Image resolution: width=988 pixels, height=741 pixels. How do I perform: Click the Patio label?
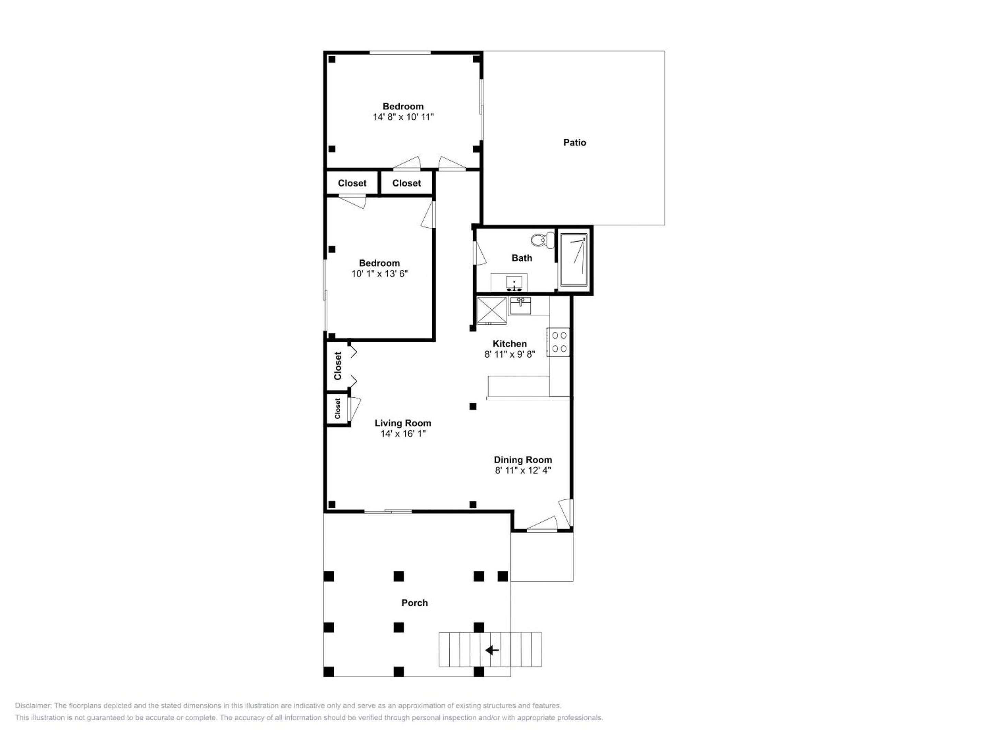[x=574, y=142]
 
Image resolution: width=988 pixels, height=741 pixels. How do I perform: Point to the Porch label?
[x=414, y=603]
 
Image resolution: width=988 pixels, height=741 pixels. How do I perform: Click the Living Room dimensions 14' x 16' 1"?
[x=403, y=434]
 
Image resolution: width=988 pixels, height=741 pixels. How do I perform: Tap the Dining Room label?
[x=522, y=460]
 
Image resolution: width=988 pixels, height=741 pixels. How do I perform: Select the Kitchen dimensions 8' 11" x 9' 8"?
[x=510, y=354]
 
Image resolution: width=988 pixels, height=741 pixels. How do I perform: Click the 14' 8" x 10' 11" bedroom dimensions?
[x=403, y=117]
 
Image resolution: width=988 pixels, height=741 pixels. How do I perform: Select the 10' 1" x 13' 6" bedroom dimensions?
[x=380, y=274]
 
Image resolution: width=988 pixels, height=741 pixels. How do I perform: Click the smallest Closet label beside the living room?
[x=338, y=408]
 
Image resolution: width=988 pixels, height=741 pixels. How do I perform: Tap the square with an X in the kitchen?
[x=492, y=310]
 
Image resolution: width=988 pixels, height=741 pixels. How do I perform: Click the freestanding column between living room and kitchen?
[x=473, y=407]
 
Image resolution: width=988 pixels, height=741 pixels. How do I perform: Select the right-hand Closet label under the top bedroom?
[x=407, y=183]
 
